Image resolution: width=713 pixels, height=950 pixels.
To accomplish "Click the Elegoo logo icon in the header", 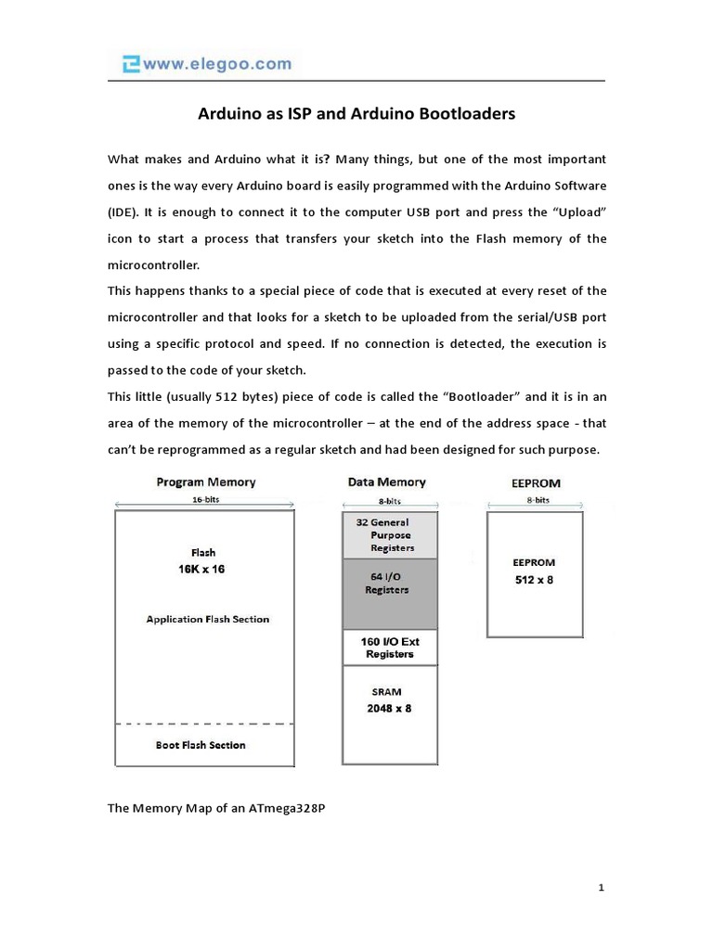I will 131,64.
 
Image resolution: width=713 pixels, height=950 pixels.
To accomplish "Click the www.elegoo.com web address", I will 216,64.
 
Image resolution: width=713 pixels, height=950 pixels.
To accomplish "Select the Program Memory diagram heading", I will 206,482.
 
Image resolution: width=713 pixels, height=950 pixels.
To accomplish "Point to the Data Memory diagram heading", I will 387,482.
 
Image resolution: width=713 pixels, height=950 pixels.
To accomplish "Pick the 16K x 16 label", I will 201,569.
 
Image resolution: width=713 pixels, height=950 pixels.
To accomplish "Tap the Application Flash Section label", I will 208,619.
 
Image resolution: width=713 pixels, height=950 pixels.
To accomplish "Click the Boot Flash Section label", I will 201,745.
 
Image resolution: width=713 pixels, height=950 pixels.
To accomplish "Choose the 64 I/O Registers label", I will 387,584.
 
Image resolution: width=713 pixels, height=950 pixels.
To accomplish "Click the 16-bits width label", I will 206,499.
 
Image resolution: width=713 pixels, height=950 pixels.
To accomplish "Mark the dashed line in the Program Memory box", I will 203,724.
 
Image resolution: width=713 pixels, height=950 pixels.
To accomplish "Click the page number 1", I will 602,888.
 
